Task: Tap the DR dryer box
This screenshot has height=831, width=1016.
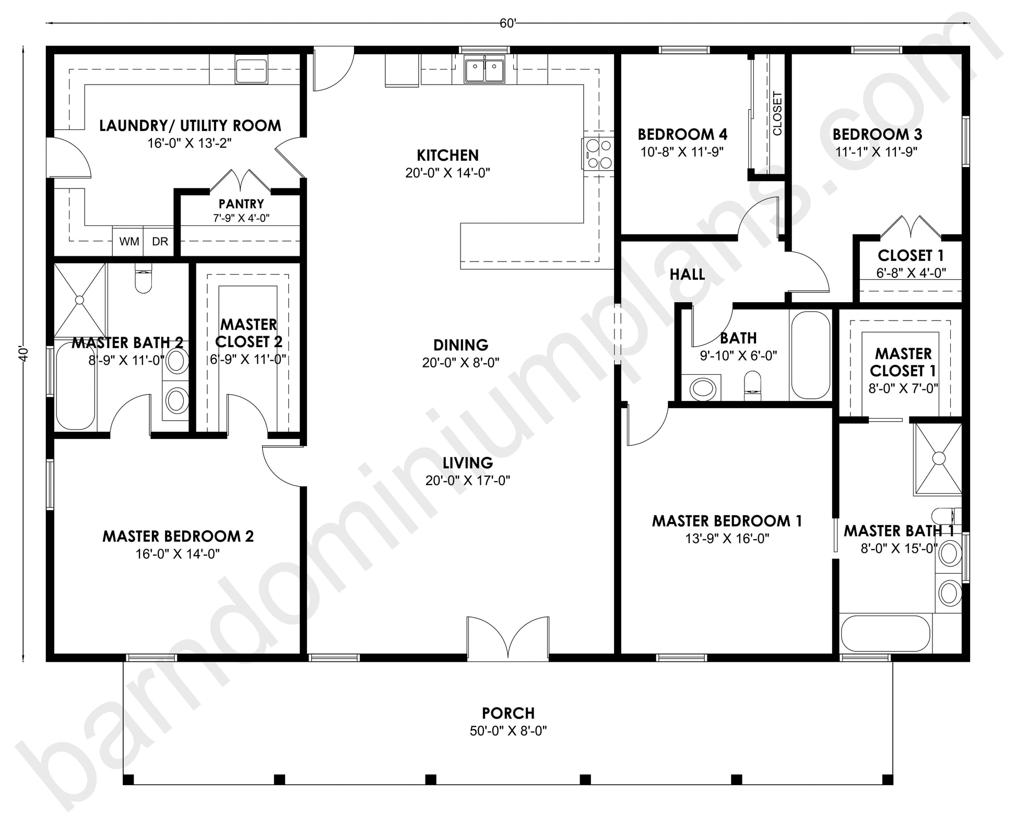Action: [159, 241]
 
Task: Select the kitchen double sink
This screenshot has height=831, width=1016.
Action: [485, 70]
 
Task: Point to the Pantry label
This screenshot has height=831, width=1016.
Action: [241, 204]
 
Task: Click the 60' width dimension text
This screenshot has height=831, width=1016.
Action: [507, 23]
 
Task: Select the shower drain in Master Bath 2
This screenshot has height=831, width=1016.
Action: [79, 300]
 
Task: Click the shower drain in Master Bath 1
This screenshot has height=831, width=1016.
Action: [938, 458]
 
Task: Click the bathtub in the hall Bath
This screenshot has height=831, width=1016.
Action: [810, 355]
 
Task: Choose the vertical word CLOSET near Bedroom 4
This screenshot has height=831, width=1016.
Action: [777, 114]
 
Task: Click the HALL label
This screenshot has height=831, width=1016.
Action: [687, 274]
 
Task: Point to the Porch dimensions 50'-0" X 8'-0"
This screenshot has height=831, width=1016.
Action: [508, 730]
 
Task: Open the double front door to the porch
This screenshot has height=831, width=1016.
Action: [507, 638]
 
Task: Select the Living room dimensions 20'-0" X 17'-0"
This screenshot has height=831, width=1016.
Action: [467, 480]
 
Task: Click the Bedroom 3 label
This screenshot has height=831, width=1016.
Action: [877, 134]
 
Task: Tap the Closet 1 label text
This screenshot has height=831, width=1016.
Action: [911, 255]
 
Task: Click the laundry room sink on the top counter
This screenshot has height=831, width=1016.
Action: [251, 71]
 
